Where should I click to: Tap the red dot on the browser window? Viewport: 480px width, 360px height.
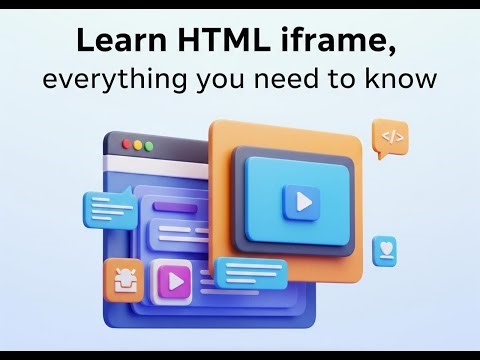[x=127, y=145]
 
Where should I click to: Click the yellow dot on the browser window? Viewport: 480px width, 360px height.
[x=139, y=145]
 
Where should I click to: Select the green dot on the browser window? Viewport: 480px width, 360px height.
[x=151, y=145]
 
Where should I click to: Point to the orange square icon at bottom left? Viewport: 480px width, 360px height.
[x=123, y=279]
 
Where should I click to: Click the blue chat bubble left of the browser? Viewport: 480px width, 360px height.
[x=112, y=210]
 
